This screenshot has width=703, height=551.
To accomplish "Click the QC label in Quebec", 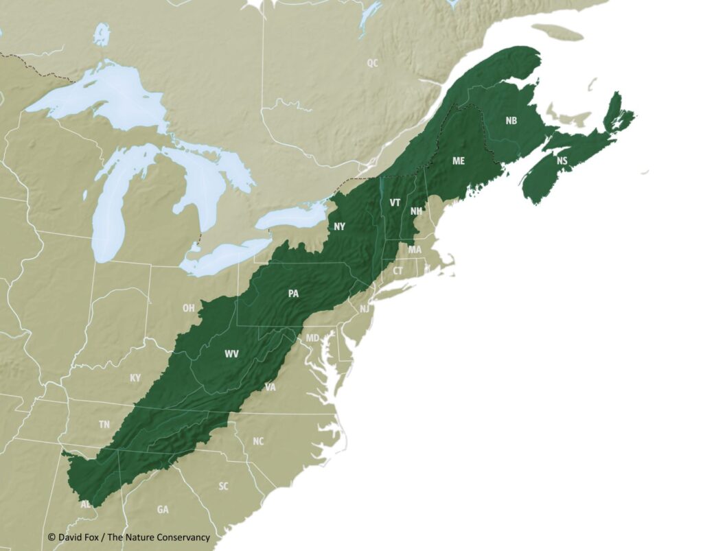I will [x=372, y=63].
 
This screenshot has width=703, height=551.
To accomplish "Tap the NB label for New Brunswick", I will [x=511, y=121].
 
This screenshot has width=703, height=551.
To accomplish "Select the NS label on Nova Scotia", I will [x=562, y=161].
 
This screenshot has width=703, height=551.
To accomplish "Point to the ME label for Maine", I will [x=459, y=161].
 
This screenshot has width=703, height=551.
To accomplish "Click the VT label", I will [x=395, y=203].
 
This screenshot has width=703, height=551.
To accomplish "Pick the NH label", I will [x=416, y=211].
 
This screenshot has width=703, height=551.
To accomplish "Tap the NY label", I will [x=340, y=226].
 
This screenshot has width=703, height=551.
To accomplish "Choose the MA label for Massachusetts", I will [x=415, y=250].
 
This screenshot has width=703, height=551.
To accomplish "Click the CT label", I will [x=398, y=271].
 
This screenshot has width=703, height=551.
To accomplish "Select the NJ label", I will [x=365, y=309].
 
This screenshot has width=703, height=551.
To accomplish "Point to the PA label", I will [x=294, y=293].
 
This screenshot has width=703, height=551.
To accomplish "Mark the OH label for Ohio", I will [x=188, y=308].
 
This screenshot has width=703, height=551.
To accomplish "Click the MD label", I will [x=312, y=338].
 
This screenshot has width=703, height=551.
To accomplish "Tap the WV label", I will [x=232, y=354].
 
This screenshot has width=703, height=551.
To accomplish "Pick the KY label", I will [x=135, y=378].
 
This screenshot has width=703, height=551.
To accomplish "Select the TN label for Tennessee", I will [x=104, y=425].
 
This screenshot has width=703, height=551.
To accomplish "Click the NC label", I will [x=258, y=441].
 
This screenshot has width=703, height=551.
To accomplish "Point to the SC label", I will [x=223, y=486].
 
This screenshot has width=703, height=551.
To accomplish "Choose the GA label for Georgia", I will [x=163, y=509].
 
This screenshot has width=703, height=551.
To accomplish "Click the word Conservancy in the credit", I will [x=183, y=537].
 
